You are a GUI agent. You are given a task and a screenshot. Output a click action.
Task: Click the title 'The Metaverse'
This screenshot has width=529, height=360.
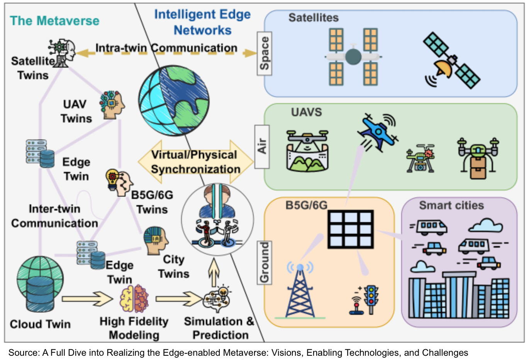tap(54, 21)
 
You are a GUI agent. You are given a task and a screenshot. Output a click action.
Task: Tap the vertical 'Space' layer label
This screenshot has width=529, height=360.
tap(264, 53)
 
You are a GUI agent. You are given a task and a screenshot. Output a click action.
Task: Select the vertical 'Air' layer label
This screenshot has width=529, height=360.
tap(262, 146)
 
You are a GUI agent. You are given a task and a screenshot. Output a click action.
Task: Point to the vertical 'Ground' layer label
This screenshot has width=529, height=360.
tap(264, 262)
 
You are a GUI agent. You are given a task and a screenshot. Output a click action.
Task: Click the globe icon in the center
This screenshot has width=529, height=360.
tap(174, 101)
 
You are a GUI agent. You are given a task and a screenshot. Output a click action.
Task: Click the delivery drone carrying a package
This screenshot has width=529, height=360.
tap(478, 158)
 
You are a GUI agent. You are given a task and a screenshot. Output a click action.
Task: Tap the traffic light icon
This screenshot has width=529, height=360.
tap(371, 299)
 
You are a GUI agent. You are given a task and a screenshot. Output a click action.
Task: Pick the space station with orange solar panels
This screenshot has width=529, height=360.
tap(353, 57)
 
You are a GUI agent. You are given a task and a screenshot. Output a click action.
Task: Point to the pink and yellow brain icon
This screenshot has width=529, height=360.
tap(134, 299)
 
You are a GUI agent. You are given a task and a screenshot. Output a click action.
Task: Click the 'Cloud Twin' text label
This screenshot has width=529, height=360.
tap(40, 324)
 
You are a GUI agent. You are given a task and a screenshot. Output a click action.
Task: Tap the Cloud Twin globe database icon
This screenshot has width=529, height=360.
tap(40, 284)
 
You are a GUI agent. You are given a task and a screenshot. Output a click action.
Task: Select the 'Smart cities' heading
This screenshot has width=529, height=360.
tap(451, 205)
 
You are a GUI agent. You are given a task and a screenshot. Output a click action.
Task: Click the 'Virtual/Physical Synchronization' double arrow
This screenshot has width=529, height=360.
tap(195, 162)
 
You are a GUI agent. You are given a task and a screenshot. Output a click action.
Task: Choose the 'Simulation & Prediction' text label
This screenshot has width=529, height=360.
tap(219, 328)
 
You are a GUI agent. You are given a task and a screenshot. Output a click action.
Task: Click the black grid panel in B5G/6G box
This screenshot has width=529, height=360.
tap(351, 229)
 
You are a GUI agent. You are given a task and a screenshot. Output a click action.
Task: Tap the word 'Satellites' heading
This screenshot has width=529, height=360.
tap(314, 18)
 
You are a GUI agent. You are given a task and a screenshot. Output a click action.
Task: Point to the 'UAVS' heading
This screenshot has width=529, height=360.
tap(306, 112)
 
